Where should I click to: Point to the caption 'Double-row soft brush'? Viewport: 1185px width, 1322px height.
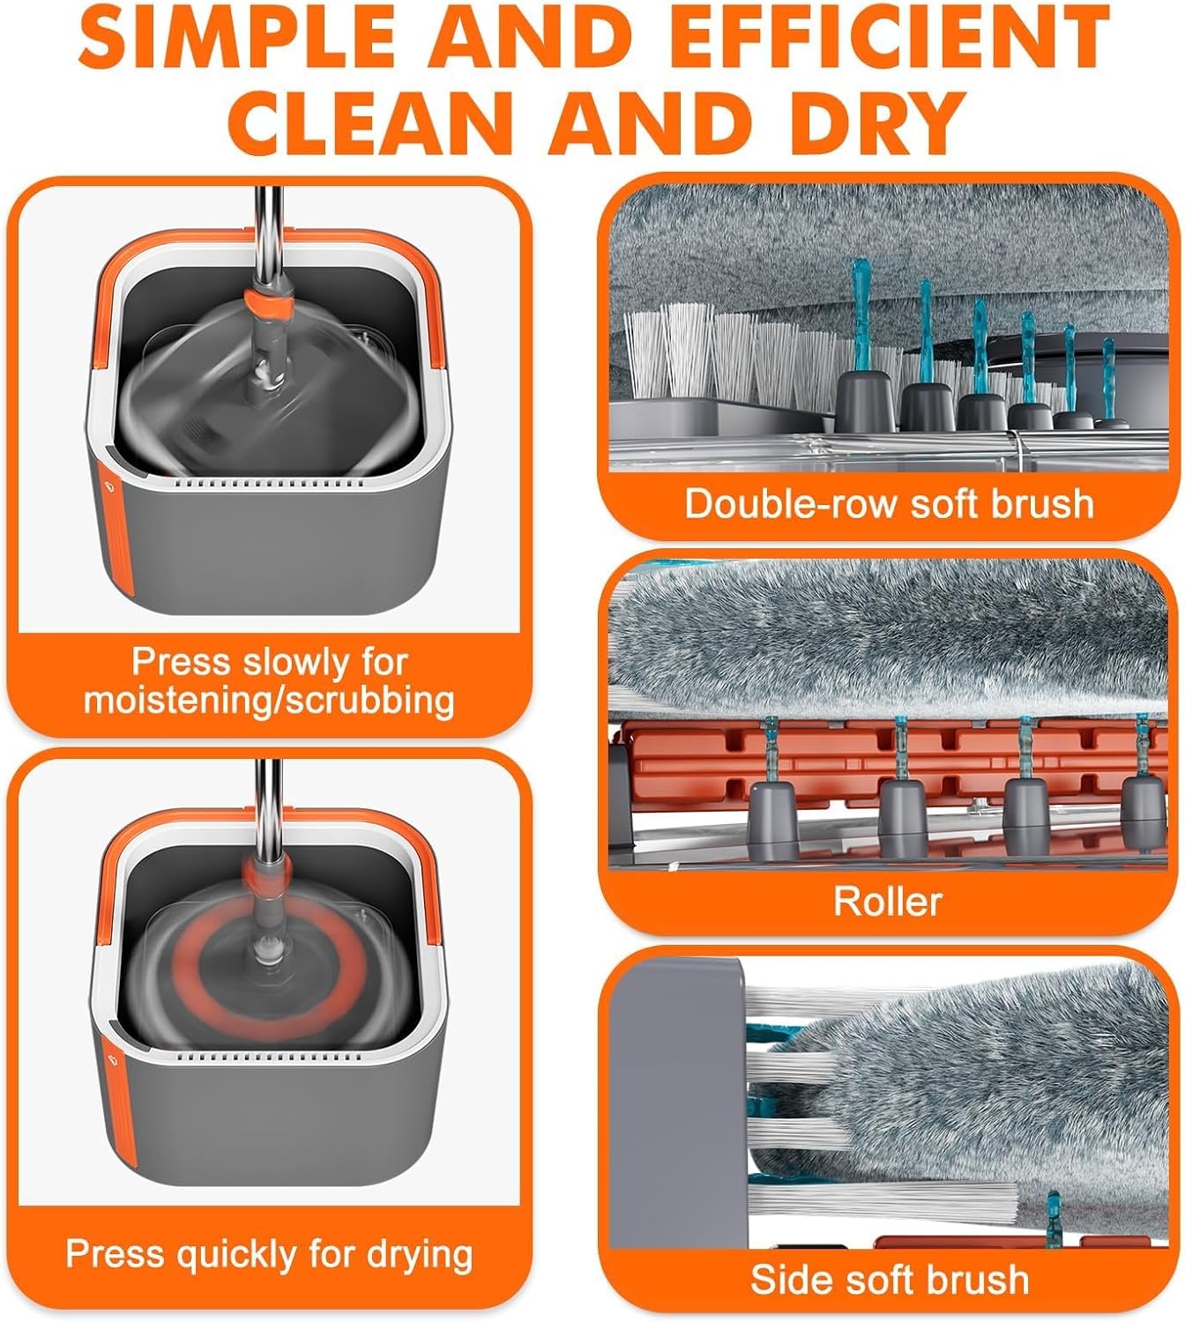click(x=889, y=504)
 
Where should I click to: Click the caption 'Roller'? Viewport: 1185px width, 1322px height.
click(x=888, y=901)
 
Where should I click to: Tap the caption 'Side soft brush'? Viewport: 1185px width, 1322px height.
click(x=889, y=1280)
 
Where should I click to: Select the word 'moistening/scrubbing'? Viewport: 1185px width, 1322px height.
click(x=269, y=700)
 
